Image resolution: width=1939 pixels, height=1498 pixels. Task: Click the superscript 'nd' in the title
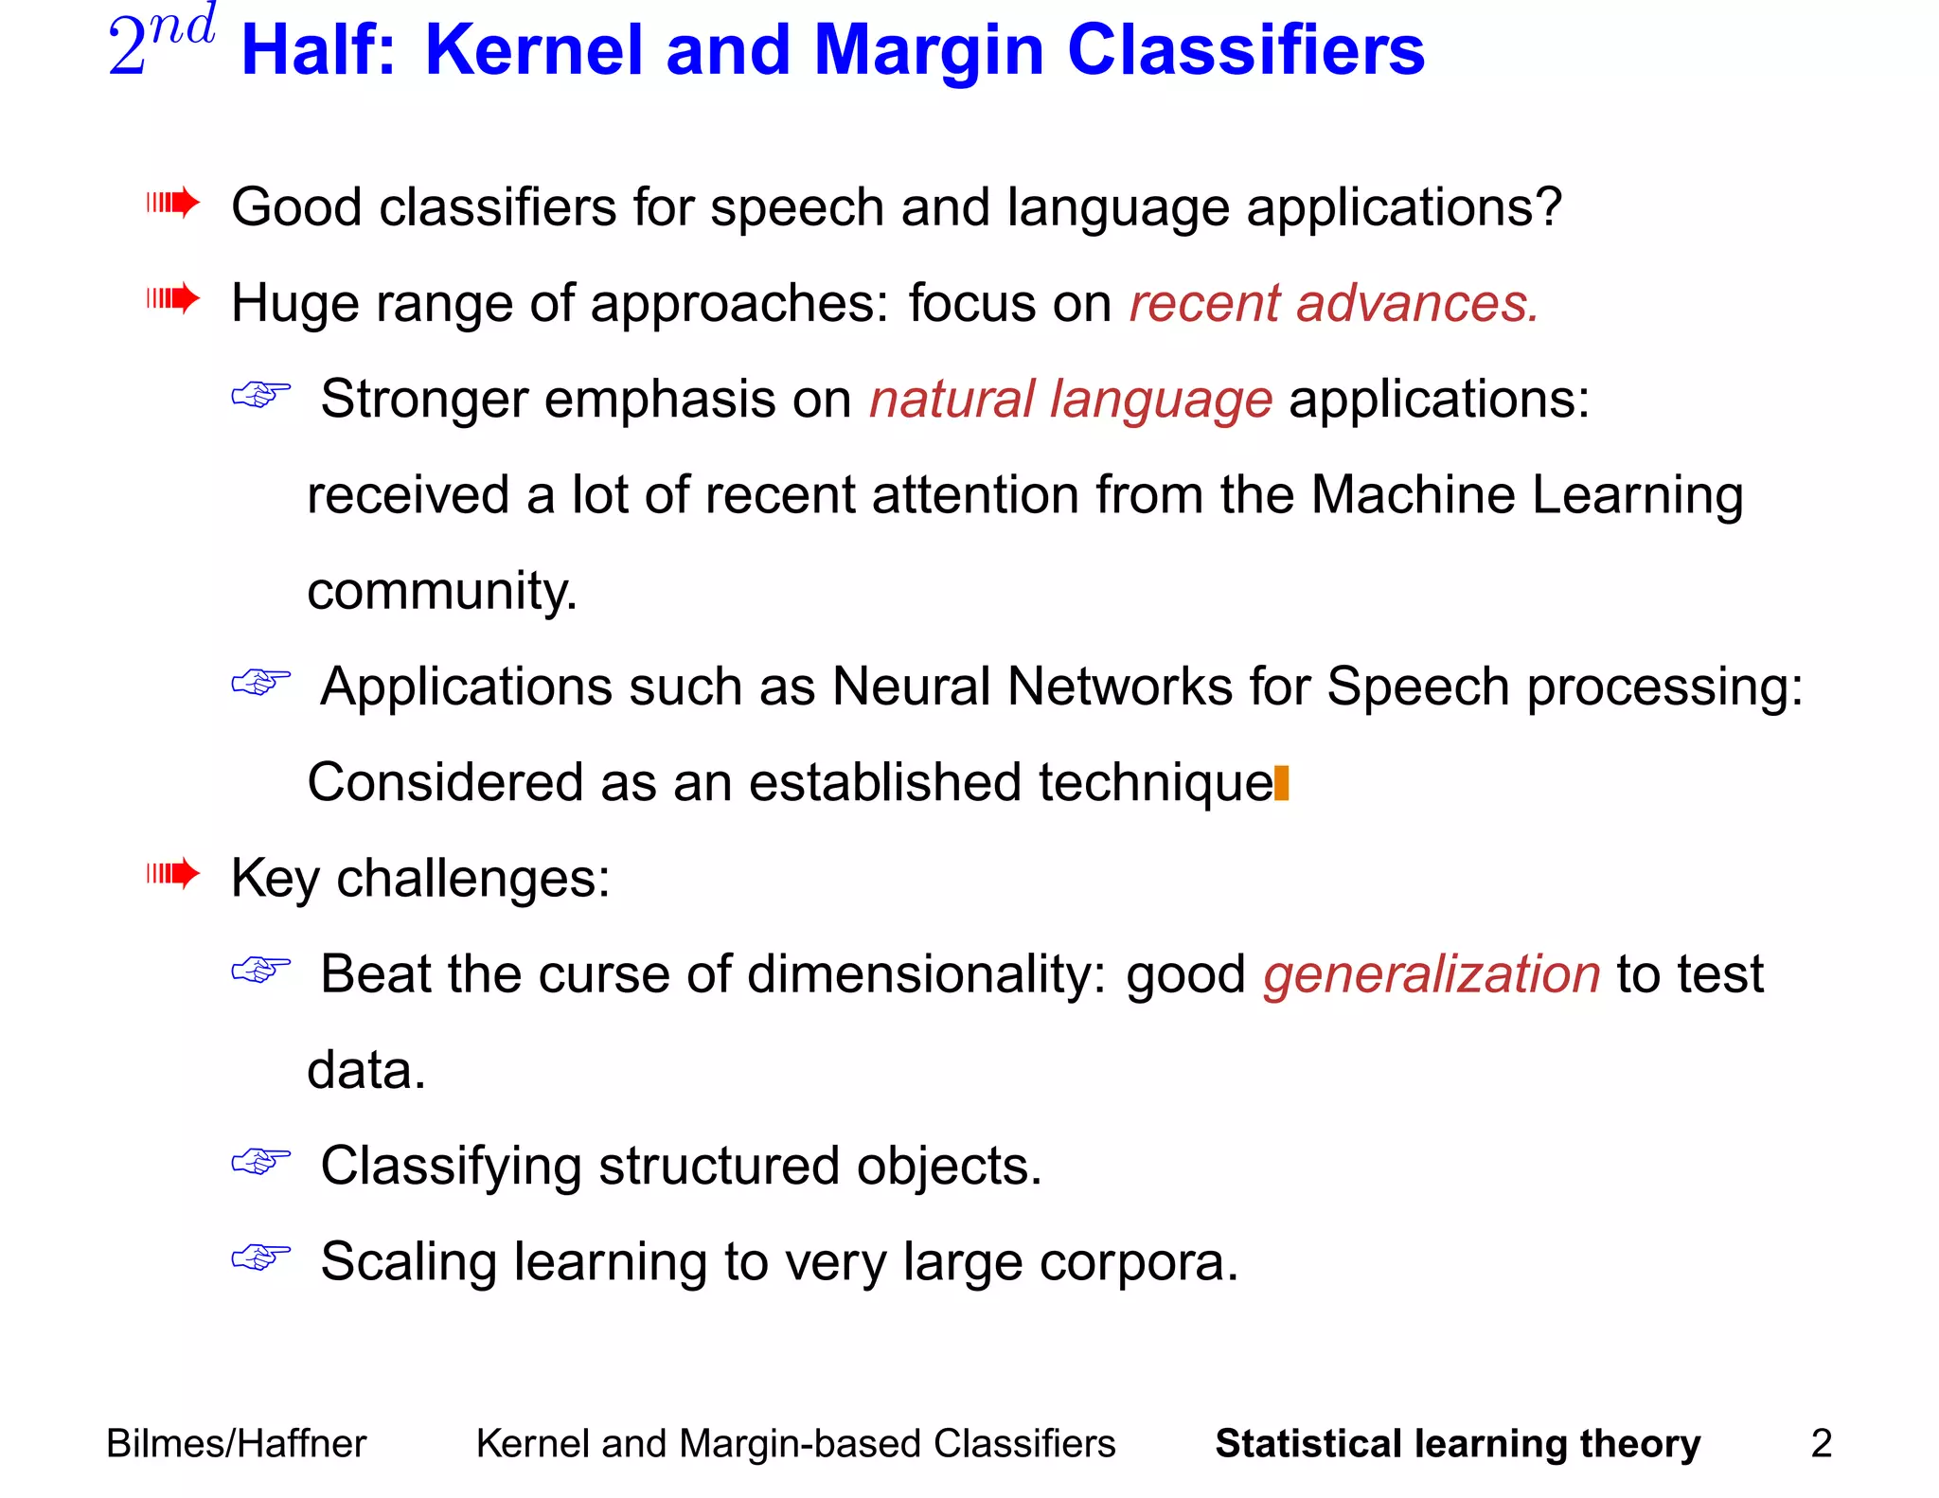tap(182, 26)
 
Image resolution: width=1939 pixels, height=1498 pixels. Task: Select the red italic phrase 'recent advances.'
tap(1333, 304)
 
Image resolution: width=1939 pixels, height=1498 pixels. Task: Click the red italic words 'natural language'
tap(1071, 400)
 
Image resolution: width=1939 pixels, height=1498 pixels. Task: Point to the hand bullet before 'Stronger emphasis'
tap(260, 394)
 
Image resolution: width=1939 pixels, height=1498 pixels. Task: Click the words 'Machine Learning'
tap(1526, 495)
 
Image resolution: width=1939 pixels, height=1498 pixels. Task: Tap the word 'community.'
tap(442, 592)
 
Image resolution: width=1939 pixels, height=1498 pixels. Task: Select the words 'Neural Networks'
tap(1031, 687)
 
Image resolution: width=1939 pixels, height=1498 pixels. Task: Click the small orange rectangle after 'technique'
tap(1282, 783)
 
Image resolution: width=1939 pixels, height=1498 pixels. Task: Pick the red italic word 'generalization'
tap(1431, 974)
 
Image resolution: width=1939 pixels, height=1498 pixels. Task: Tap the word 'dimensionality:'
tap(926, 974)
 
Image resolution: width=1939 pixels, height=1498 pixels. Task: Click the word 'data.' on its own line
tap(366, 1071)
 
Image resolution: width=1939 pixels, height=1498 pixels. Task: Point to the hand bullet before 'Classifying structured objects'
tap(260, 1161)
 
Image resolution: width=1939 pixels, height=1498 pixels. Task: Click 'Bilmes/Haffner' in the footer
tap(236, 1443)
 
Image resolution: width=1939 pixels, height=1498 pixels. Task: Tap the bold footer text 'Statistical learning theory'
tap(1457, 1443)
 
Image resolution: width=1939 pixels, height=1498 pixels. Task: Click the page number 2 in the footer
tap(1821, 1443)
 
